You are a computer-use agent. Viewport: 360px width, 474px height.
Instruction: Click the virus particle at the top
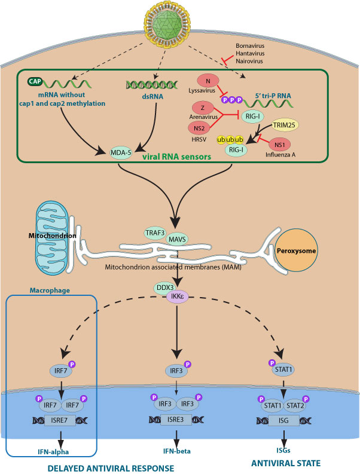coord(179,25)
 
